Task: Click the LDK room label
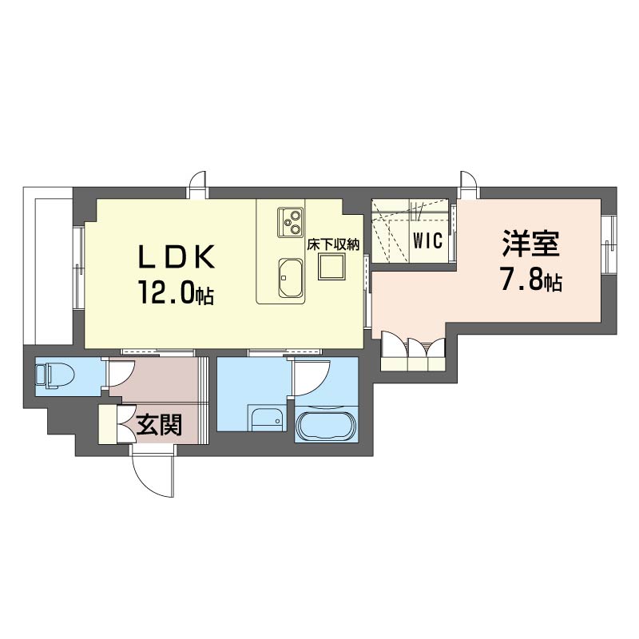coord(177,257)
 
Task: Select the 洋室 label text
coord(531,244)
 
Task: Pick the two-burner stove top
coord(290,220)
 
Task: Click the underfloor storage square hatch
coord(330,267)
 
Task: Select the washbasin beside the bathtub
coord(267,419)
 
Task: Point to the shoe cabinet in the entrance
coord(107,424)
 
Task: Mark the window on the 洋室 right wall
coord(609,244)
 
